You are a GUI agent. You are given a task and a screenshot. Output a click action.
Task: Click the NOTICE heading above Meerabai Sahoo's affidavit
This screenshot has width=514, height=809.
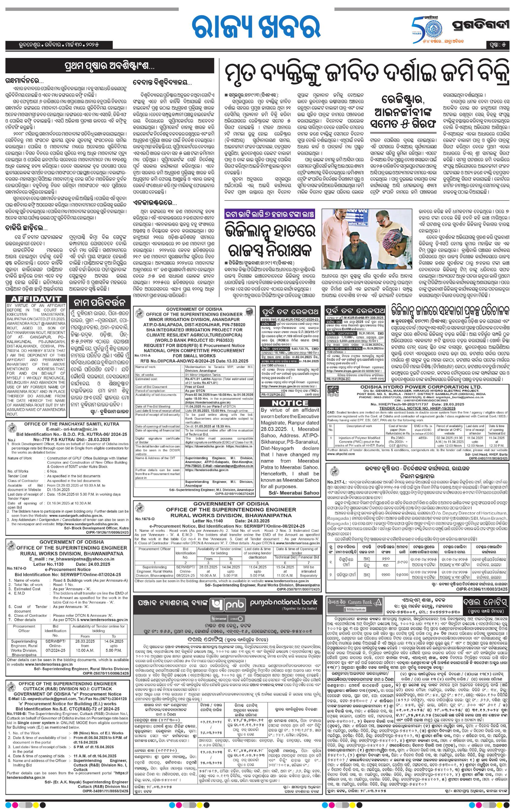(x=290, y=403)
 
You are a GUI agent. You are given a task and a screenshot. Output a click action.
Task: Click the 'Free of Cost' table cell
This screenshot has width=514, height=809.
(x=195, y=387)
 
